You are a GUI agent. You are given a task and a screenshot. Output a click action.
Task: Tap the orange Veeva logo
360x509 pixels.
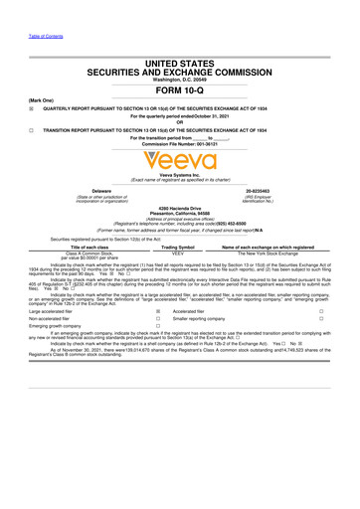[x=180, y=157]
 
